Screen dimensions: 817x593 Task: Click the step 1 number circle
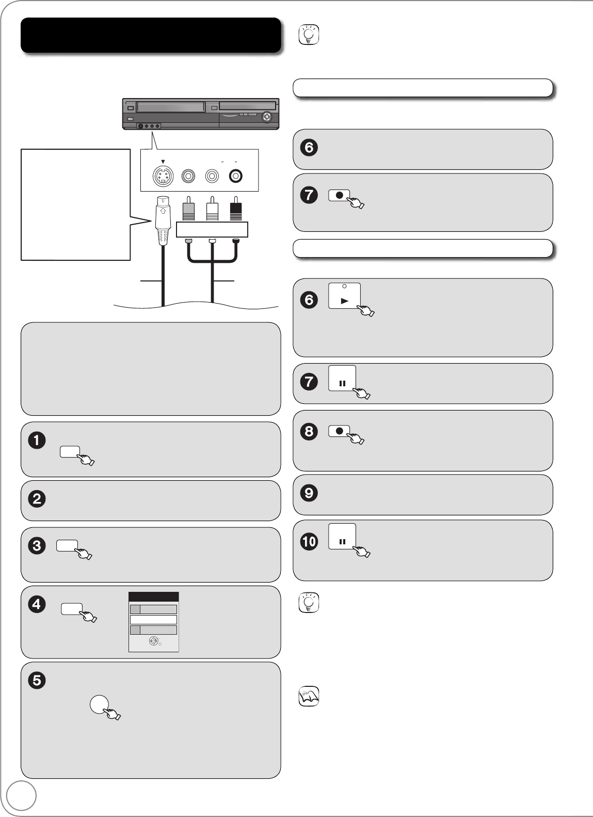37,440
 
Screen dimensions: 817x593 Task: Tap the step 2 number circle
37,499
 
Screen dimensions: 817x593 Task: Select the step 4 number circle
37,604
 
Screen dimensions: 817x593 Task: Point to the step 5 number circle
37,680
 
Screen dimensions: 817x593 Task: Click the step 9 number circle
309,493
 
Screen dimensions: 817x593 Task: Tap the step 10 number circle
309,541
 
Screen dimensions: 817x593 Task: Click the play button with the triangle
344,296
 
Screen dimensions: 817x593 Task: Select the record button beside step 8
339,431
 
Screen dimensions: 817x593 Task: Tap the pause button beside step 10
342,537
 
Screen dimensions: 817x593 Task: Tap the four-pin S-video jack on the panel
163,177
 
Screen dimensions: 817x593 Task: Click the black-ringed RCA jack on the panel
235,176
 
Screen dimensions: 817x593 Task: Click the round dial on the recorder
266,117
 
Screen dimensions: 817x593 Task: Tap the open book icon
309,696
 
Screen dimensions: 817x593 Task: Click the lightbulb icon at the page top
309,34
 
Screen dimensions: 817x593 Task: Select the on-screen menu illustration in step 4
154,622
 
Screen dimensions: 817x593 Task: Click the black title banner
151,35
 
